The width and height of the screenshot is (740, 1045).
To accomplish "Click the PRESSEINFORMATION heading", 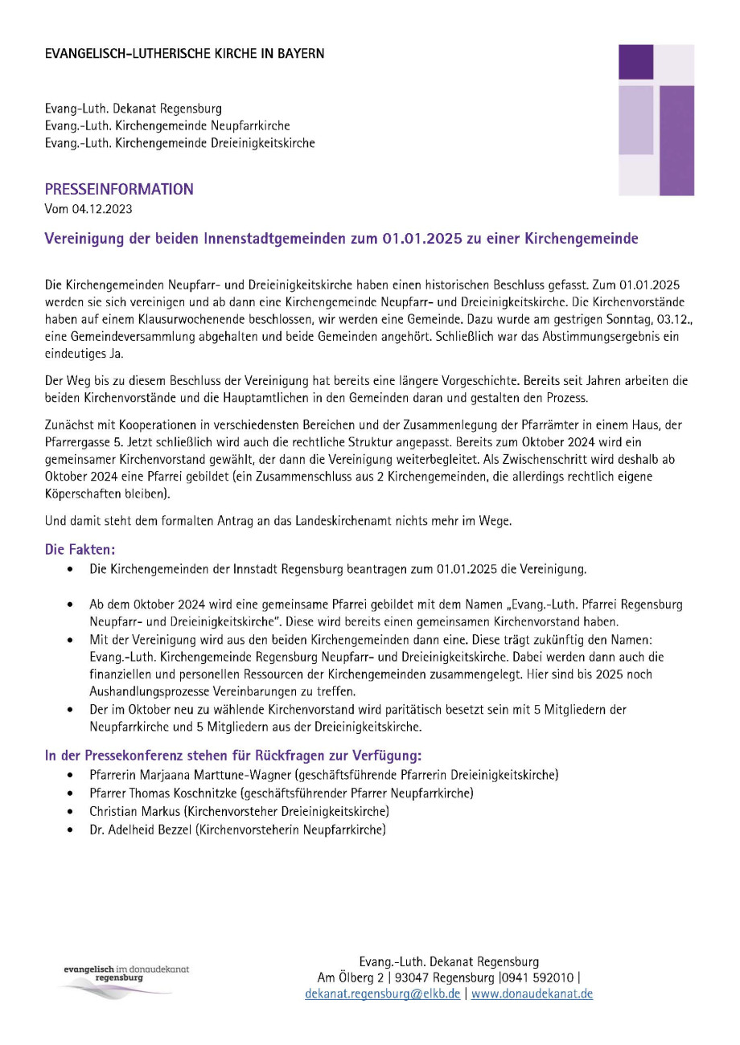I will click(x=119, y=190).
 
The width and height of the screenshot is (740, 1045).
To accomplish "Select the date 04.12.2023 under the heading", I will click(x=101, y=210).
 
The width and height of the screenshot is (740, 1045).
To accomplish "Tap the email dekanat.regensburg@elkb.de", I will click(x=383, y=994).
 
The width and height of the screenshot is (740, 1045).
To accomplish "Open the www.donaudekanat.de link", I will click(x=532, y=994).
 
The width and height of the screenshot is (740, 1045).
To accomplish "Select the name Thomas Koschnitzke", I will click(x=179, y=793).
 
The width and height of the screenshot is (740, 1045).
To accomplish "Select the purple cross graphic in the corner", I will click(x=656, y=120).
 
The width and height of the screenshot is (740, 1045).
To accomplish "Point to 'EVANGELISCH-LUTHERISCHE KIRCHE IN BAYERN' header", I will click(x=185, y=54).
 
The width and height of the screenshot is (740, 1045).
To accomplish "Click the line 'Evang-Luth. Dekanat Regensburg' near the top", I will click(x=134, y=108).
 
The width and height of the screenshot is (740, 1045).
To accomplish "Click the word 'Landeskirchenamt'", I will click(x=308, y=521).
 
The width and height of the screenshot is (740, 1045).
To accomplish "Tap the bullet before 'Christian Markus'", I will click(x=73, y=812).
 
